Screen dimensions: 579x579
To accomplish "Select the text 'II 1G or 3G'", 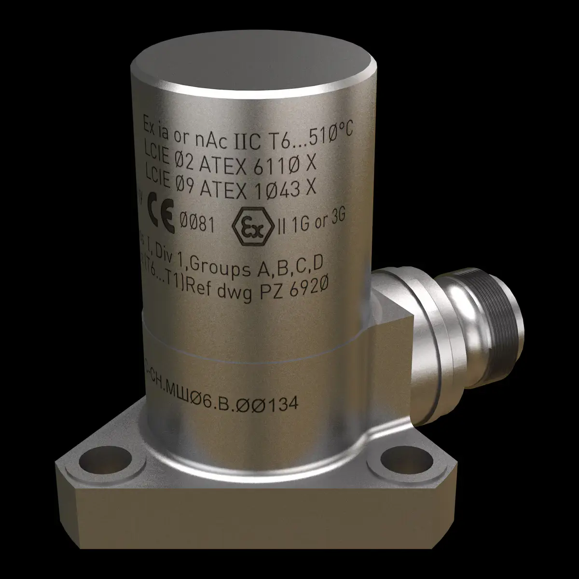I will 312,222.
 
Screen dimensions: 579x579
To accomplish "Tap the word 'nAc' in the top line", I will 215,133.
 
